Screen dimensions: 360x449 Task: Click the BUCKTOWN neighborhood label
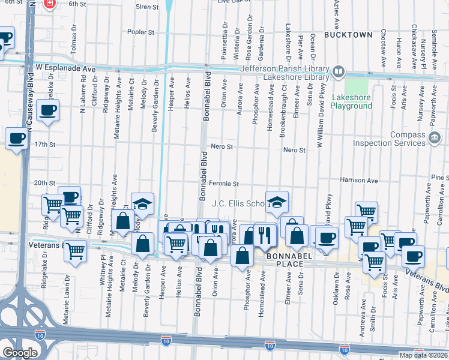(x=348, y=35)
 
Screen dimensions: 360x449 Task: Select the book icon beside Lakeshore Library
(x=339, y=73)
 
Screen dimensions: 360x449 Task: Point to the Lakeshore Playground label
(x=352, y=101)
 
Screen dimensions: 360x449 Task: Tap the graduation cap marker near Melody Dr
(x=142, y=204)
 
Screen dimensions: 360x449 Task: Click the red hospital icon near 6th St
(x=50, y=4)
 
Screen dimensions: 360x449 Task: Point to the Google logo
(x=20, y=352)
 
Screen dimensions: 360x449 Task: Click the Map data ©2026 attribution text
(x=423, y=355)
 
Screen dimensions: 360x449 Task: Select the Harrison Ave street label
(x=358, y=180)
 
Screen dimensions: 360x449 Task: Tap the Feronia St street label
(x=224, y=184)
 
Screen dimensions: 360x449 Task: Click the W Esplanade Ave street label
(x=65, y=68)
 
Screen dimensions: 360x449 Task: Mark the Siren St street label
(x=147, y=7)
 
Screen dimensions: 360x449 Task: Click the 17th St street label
(x=44, y=145)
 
